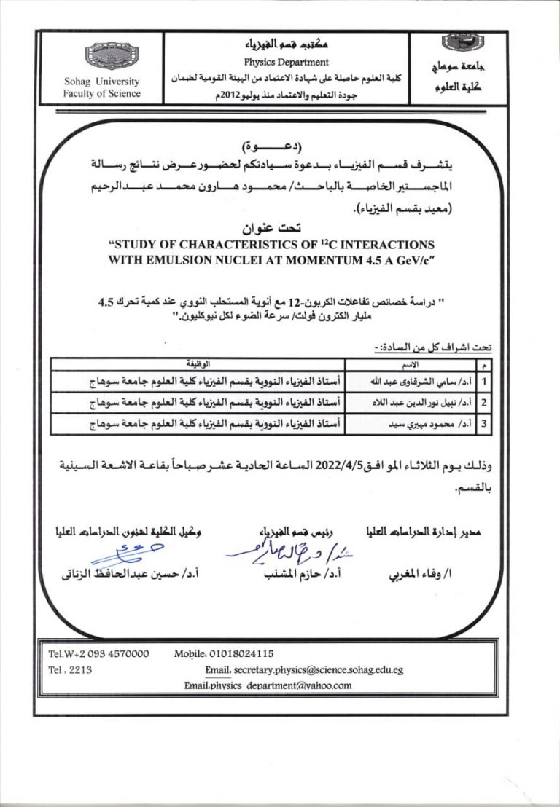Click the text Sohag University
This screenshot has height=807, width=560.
point(102,82)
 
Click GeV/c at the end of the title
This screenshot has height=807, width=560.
point(411,258)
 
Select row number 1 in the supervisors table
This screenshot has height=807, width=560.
point(483,380)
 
